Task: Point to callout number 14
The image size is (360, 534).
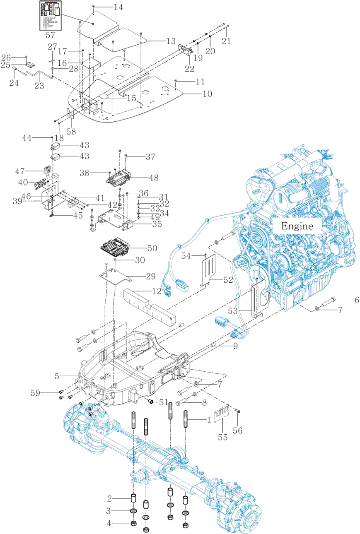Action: (118, 7)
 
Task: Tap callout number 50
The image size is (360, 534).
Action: (152, 248)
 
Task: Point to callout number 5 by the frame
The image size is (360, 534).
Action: (58, 376)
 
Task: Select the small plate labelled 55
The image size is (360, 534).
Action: (221, 411)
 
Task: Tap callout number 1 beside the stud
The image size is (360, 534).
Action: (209, 420)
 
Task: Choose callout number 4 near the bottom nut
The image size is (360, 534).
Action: (109, 523)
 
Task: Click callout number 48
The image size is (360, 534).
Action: (153, 178)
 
